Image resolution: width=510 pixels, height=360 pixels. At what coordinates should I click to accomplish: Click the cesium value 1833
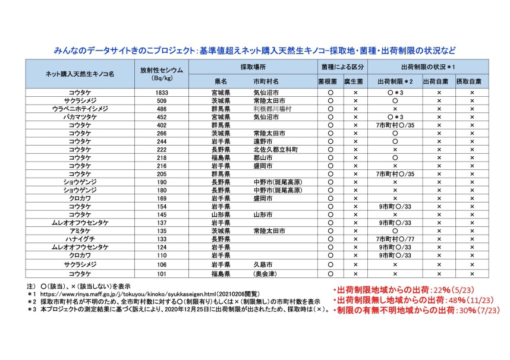tap(159, 93)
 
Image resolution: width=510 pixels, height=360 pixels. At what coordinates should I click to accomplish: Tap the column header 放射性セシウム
tap(159, 70)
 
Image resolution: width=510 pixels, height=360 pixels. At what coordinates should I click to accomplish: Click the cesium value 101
tap(159, 274)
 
